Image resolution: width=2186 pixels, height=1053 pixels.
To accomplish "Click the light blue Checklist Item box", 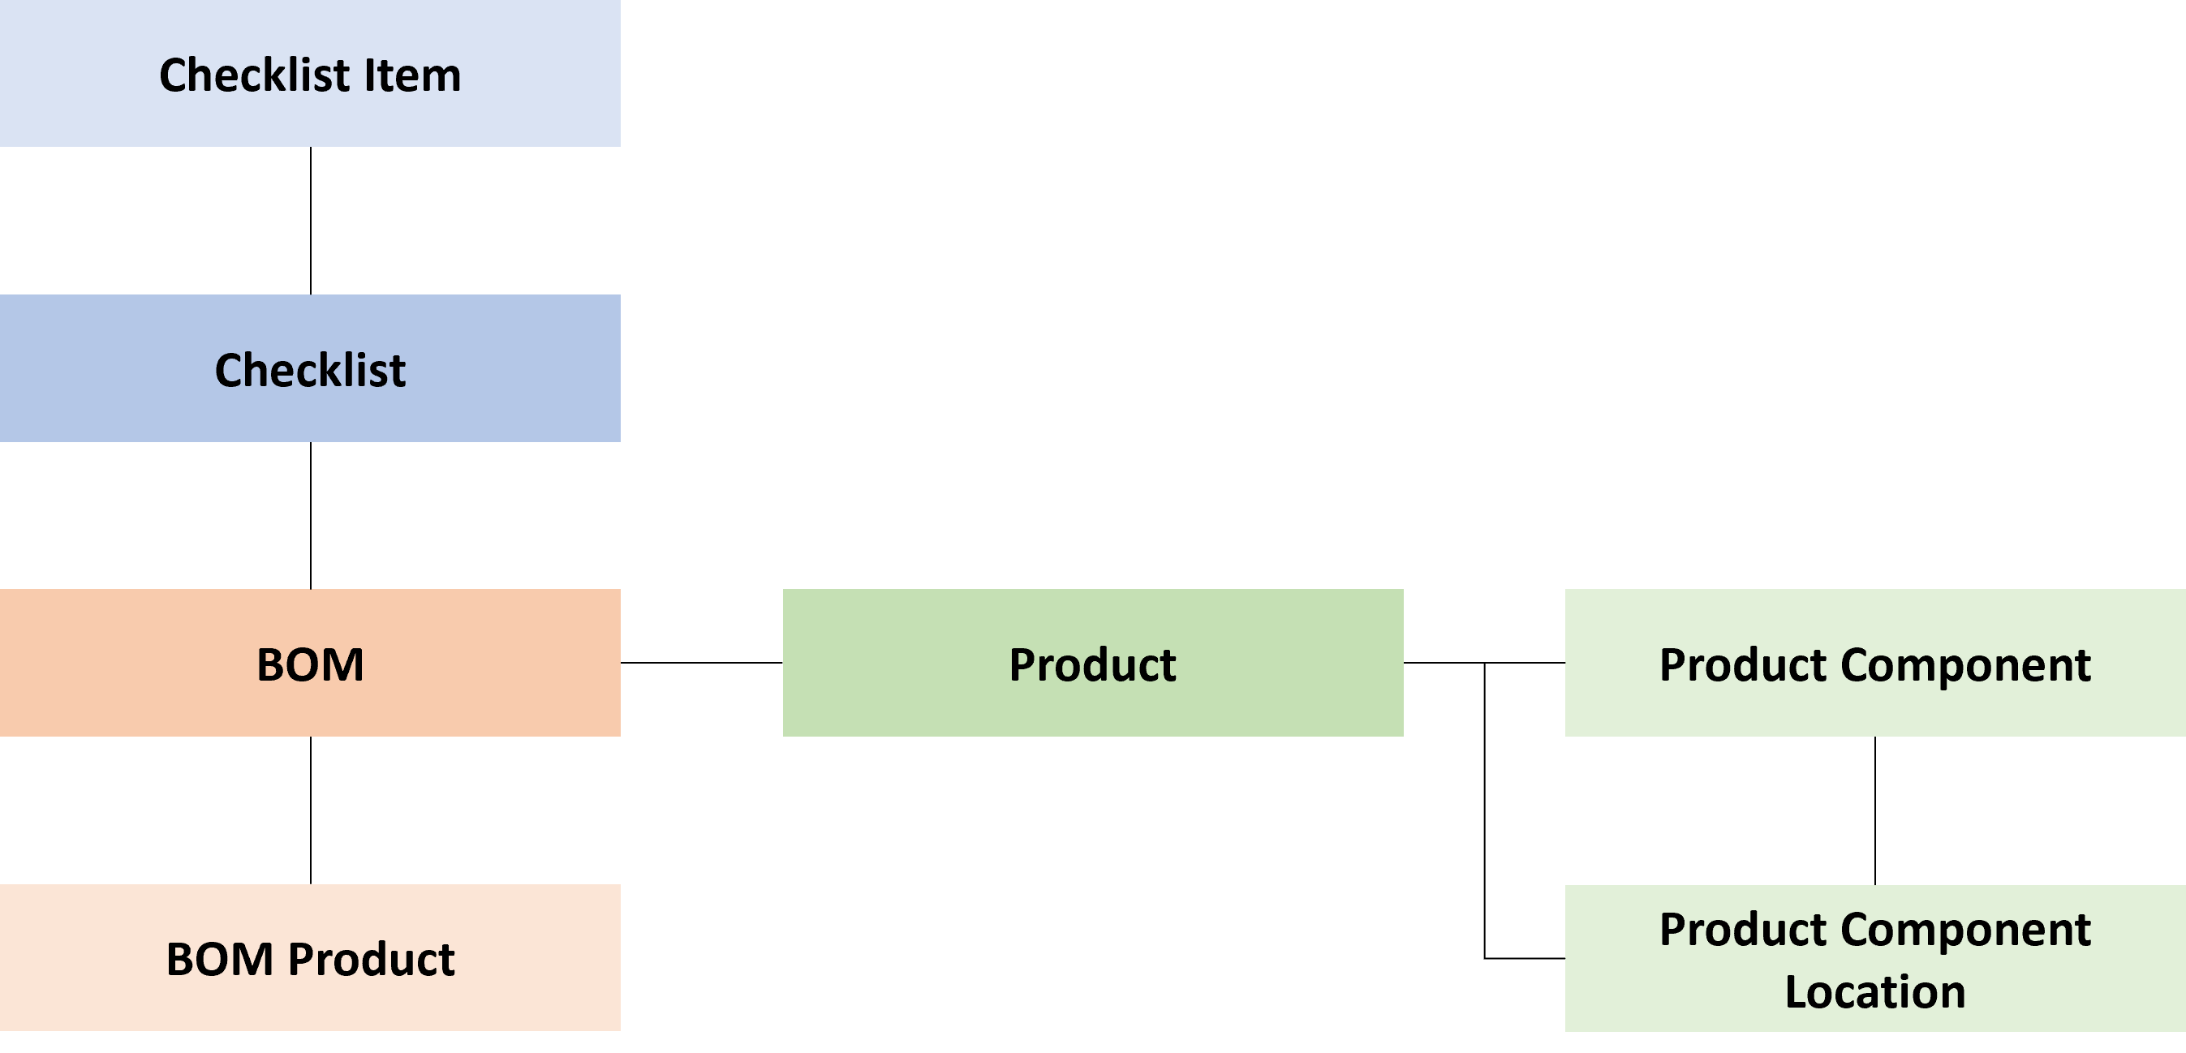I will tap(310, 74).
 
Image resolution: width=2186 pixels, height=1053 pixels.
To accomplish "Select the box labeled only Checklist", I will tap(310, 368).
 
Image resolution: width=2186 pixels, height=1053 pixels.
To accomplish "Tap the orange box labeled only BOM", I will tap(310, 663).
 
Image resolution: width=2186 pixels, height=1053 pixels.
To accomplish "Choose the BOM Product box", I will tap(310, 958).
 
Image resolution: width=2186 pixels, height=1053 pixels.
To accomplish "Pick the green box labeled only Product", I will tap(1092, 663).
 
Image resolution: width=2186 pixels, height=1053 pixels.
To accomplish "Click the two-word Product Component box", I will tap(1874, 663).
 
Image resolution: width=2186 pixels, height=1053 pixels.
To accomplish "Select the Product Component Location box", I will tap(1874, 958).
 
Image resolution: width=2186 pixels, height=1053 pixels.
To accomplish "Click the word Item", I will tap(412, 75).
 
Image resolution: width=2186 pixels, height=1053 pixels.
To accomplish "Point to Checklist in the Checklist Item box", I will tap(255, 75).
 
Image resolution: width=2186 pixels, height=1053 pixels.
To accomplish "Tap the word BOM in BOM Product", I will tap(219, 960).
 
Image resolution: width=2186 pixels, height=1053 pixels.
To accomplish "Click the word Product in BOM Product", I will tap(371, 960).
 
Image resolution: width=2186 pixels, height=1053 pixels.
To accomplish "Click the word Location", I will tap(1874, 991).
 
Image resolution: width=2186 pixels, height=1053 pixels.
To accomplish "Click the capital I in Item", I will tap(369, 75).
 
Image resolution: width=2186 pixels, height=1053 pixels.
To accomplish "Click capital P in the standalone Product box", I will tap(1021, 664).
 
